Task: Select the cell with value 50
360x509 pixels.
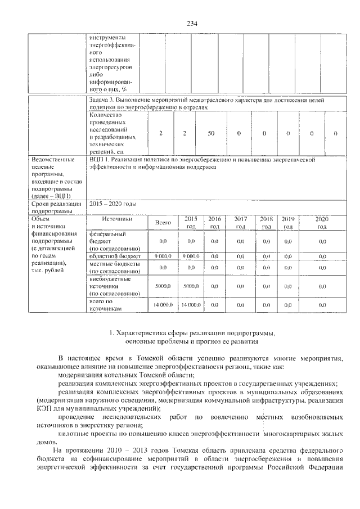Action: [211, 133]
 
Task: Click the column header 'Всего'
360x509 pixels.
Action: [163, 223]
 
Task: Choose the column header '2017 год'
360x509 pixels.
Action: [240, 223]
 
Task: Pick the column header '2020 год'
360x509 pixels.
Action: [322, 223]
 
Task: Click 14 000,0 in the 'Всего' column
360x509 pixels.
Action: [163, 305]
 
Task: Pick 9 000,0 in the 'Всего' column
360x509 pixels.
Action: [163, 256]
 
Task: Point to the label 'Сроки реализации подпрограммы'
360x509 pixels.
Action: [57, 207]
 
